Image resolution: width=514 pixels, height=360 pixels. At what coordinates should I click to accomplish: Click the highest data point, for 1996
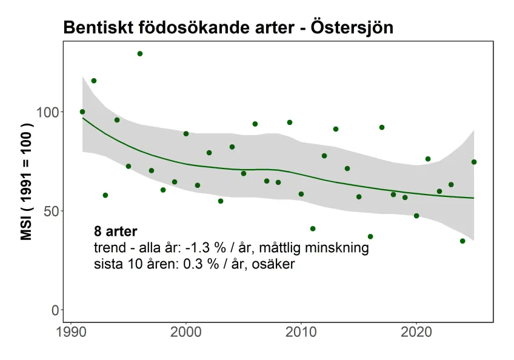140,53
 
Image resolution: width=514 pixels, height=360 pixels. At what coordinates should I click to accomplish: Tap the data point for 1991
82,112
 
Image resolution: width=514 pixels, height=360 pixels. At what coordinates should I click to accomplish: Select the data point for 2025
474,162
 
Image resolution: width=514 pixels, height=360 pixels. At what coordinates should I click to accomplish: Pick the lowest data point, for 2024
462,241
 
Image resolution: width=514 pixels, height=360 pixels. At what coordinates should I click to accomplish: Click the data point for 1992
94,81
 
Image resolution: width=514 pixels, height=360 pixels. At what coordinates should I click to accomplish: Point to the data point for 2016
370,236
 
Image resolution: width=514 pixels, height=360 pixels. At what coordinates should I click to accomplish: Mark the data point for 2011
313,228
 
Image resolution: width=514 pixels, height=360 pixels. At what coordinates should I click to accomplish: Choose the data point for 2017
382,127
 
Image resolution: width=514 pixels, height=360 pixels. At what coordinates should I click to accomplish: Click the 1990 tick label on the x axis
71,334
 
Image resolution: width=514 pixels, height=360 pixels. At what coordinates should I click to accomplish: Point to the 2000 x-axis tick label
186,334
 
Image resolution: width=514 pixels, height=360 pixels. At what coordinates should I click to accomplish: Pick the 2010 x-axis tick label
301,334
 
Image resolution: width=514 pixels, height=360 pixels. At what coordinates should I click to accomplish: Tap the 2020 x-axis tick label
416,334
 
